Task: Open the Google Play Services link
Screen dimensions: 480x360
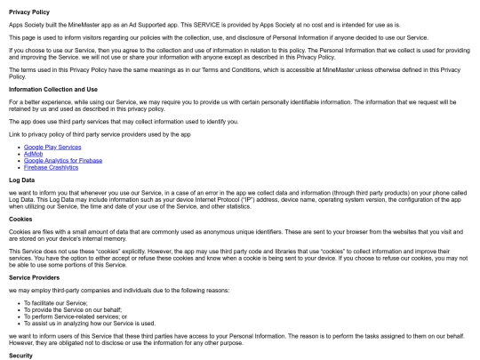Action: (x=51, y=145)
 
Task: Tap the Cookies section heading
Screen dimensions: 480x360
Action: (x=22, y=217)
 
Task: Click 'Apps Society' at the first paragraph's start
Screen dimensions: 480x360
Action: (x=24, y=25)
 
